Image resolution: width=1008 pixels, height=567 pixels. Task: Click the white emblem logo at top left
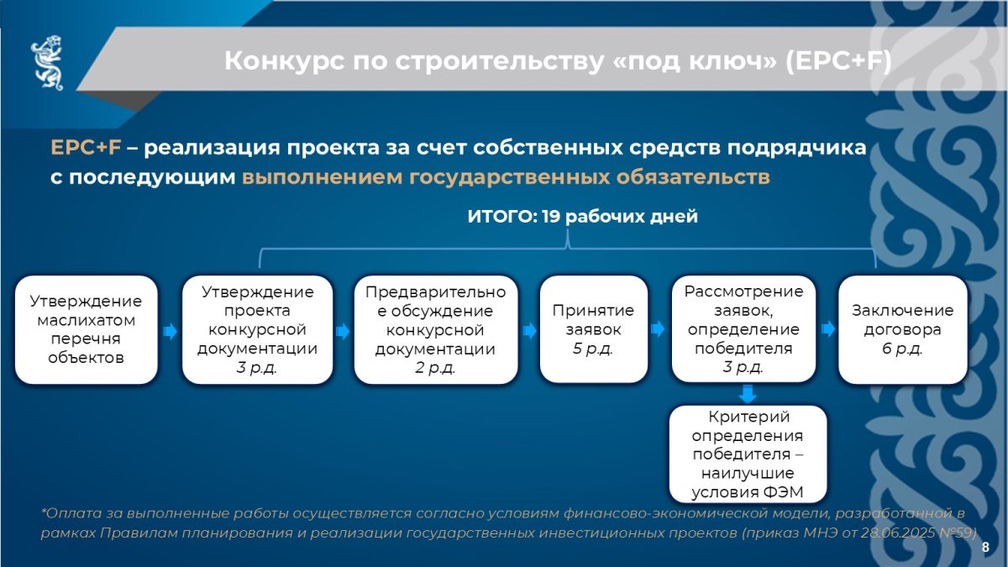[47, 62]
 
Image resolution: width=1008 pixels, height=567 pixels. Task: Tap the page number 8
[985, 547]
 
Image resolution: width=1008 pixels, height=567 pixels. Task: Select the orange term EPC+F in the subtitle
[86, 147]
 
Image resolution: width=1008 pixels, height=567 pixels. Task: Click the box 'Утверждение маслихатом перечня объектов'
[86, 329]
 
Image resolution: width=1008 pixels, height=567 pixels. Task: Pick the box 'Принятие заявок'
[594, 329]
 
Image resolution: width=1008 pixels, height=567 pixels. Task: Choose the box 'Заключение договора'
[903, 329]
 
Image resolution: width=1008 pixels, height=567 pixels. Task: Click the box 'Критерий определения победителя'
[748, 454]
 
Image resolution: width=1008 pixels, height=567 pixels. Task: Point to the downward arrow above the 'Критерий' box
[748, 394]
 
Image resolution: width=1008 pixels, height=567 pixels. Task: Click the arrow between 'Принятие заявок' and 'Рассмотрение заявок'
[658, 329]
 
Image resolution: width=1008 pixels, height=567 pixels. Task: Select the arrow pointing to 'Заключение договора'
[828, 329]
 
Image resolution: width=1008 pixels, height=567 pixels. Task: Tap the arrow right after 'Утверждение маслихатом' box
[170, 332]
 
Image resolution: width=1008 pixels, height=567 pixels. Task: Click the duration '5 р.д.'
[593, 349]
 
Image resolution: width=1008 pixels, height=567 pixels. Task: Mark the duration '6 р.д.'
[902, 349]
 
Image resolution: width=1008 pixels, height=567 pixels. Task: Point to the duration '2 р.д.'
[435, 368]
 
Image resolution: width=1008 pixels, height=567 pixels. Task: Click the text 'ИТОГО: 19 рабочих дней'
[583, 217]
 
